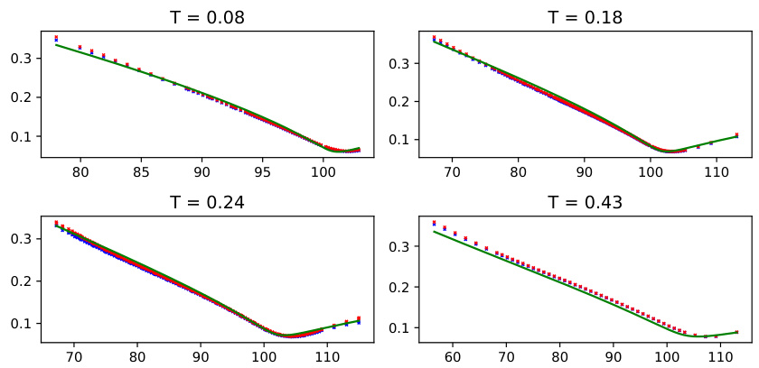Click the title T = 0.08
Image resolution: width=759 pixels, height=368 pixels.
tap(207, 18)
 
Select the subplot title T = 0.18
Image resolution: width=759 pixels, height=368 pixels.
tap(586, 18)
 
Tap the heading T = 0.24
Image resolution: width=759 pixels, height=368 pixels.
tap(207, 203)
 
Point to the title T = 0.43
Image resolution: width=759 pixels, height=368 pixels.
tap(586, 203)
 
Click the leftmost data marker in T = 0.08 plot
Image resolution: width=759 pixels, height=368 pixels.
tap(56, 39)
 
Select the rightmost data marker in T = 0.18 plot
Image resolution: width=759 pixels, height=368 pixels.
tap(736, 135)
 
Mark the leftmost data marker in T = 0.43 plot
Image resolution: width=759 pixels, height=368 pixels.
tap(434, 223)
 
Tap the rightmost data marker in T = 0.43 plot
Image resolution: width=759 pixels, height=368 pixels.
tap(736, 332)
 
